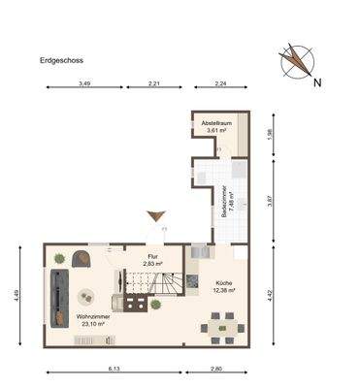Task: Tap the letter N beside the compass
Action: [x=317, y=81]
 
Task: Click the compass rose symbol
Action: [x=296, y=61]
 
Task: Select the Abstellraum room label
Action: [x=214, y=127]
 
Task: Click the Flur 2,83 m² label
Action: [x=151, y=259]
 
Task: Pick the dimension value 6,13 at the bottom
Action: [x=115, y=368]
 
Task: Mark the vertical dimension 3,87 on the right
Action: [x=269, y=200]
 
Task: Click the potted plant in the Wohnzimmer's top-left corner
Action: [x=60, y=258]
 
